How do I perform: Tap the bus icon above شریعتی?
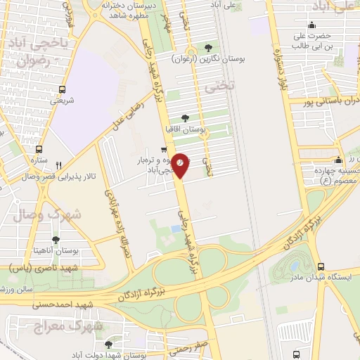click(x=63, y=89)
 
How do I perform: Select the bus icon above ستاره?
click(x=39, y=149)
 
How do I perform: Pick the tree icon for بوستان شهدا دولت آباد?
click(x=108, y=345)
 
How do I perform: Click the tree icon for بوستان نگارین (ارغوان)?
click(x=207, y=48)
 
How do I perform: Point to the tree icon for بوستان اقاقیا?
click(x=185, y=118)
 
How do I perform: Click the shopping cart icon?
click(x=164, y=149)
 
